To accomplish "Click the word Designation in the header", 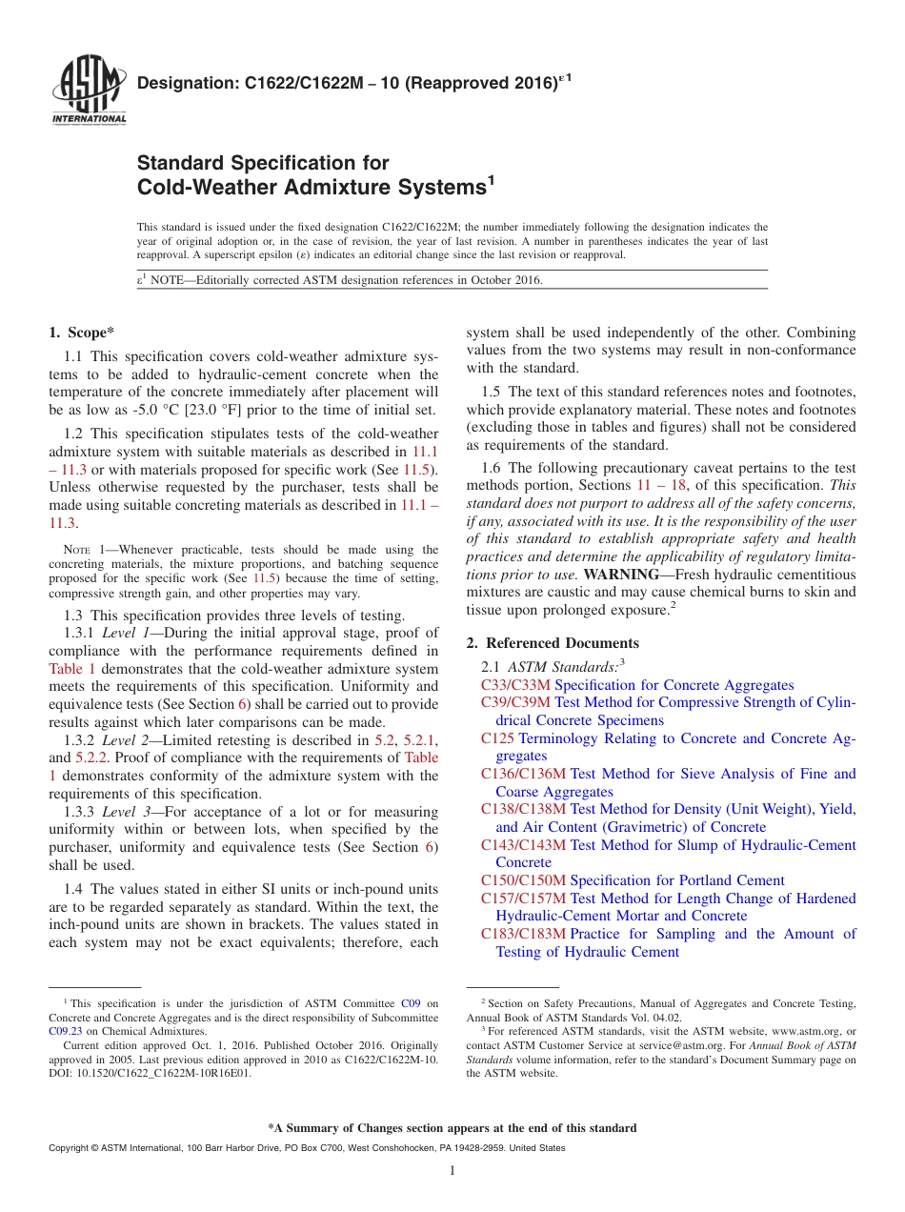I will [x=179, y=85].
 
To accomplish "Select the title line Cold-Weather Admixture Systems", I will [x=312, y=187].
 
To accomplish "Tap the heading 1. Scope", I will [x=81, y=333].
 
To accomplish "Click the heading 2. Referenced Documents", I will [x=552, y=643].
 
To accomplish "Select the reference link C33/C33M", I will [x=515, y=685].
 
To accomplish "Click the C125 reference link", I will [x=497, y=738].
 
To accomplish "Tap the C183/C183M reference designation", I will [x=523, y=934].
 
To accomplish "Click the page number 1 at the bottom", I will [x=452, y=1171].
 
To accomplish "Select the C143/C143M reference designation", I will [x=523, y=845].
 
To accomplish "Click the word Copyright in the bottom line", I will [x=72, y=1148].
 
